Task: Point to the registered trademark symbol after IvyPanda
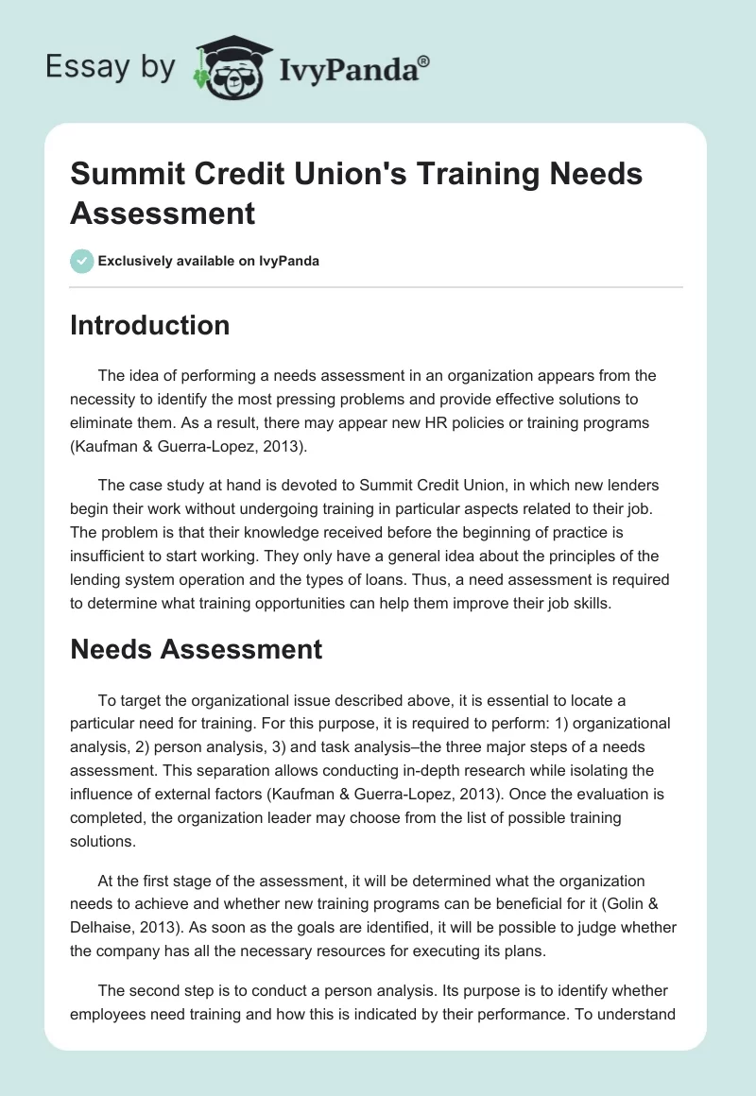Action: tap(424, 60)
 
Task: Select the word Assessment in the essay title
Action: tap(163, 213)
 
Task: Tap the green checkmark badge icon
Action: tap(82, 261)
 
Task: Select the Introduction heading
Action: tap(149, 325)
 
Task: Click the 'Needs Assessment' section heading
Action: tap(196, 649)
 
